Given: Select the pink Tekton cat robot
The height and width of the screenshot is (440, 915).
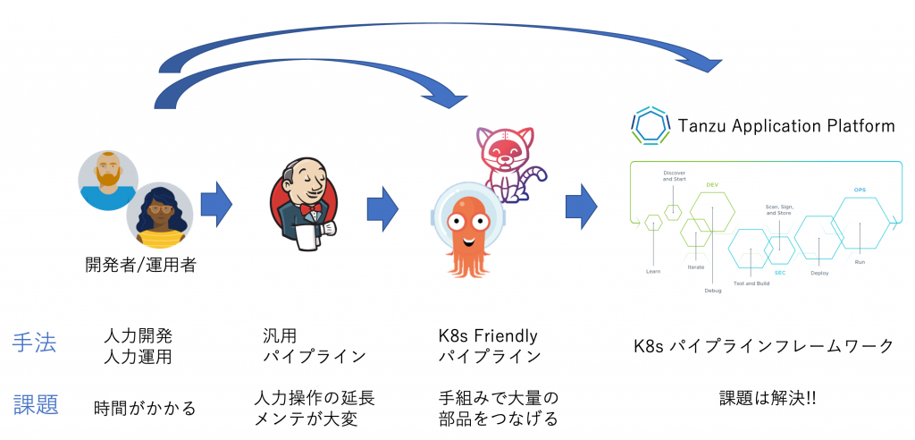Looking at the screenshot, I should (x=507, y=162).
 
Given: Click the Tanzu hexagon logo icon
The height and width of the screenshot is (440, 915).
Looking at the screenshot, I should (x=649, y=126).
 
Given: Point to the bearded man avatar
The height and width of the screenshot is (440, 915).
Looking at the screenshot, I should (x=107, y=180).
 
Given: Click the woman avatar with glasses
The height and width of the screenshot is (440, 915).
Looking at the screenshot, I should (x=159, y=215).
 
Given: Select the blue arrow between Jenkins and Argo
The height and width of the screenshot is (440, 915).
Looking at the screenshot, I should (x=382, y=205).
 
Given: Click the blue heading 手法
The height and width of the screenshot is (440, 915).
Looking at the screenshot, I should (x=35, y=343).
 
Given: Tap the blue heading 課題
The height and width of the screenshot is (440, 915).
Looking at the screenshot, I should (x=36, y=404).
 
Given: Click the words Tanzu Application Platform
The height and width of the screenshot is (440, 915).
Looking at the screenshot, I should (x=785, y=125).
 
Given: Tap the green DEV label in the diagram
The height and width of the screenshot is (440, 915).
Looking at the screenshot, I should (x=712, y=185).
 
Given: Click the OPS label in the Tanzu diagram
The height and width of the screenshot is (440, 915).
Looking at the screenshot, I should (x=860, y=190).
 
